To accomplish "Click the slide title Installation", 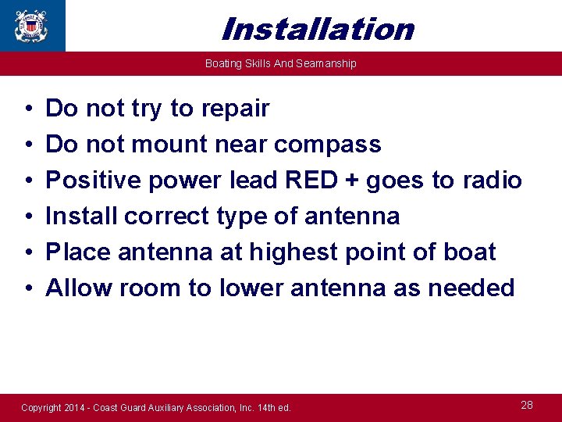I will click(317, 29).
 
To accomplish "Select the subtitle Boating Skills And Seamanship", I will click(280, 63).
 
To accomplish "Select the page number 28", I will click(527, 405).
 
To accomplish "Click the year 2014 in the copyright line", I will click(76, 408).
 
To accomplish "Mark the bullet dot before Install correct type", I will click(27, 216).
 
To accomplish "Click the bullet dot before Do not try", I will click(27, 109).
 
